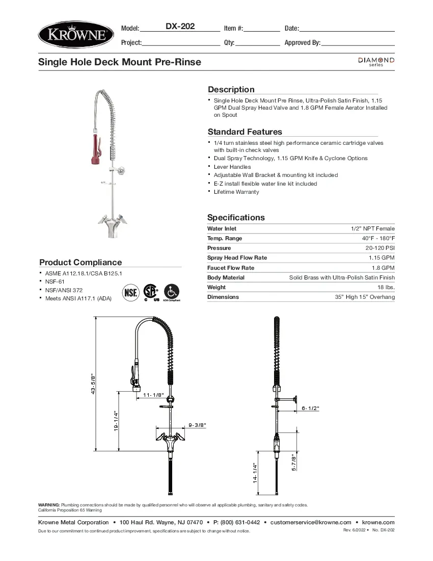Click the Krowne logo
pyautogui.click(x=76, y=34)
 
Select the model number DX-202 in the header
pyautogui.click(x=180, y=27)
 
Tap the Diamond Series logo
pyautogui.click(x=376, y=62)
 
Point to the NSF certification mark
pyautogui.click(x=130, y=293)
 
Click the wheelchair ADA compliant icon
pyautogui.click(x=172, y=292)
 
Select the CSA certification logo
pyautogui.click(x=150, y=292)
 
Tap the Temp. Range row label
pyautogui.click(x=225, y=238)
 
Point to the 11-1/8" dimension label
pyautogui.click(x=153, y=395)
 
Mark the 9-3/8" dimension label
pyautogui.click(x=197, y=424)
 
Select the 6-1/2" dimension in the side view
pyautogui.click(x=310, y=408)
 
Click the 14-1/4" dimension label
pyautogui.click(x=255, y=473)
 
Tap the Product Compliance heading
pyautogui.click(x=80, y=262)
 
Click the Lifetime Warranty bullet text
pyautogui.click(x=236, y=192)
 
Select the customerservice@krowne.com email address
pyautogui.click(x=311, y=522)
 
